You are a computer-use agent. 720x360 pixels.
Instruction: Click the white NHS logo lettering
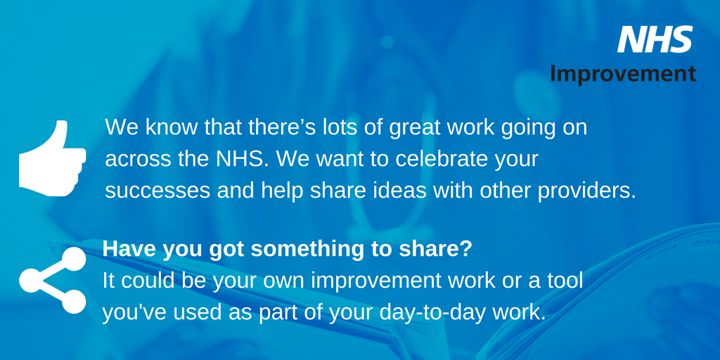point(655,39)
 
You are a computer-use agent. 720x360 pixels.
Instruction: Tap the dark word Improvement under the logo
point(623,73)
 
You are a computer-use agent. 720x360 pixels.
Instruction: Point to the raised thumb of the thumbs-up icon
point(60,134)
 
